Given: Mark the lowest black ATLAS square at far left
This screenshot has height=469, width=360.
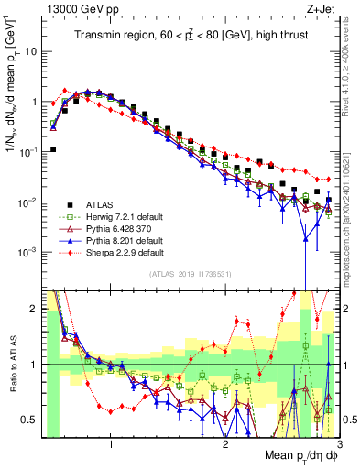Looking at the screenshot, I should click(x=53, y=149).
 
